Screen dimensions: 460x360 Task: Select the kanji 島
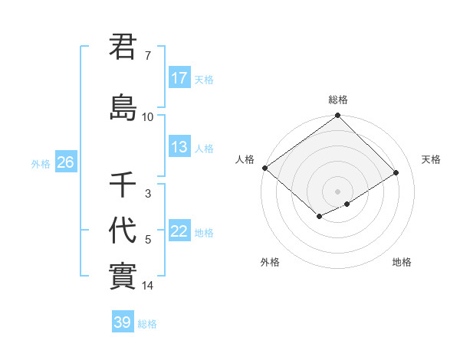point(123,106)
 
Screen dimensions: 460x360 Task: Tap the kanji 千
point(123,185)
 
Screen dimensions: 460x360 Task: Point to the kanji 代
point(123,230)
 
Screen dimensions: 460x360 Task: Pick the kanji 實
point(123,275)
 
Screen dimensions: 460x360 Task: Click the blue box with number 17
point(179,78)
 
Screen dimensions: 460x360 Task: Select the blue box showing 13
point(179,147)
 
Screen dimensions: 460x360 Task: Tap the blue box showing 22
point(179,231)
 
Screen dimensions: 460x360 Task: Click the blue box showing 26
point(65,162)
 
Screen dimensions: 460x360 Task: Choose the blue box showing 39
point(122,322)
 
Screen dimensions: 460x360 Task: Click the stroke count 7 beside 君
point(148,56)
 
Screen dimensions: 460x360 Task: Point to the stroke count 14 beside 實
point(148,286)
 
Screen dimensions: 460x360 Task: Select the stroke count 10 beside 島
point(148,116)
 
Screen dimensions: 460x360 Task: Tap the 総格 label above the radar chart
point(337,100)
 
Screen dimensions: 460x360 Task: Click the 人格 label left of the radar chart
point(245,159)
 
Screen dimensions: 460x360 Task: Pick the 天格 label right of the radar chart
point(432,159)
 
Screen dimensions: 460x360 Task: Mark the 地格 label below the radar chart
point(402,262)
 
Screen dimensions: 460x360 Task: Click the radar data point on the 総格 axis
point(337,116)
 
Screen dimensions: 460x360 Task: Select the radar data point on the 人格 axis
point(264,168)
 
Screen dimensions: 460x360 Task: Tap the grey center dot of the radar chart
point(337,191)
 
